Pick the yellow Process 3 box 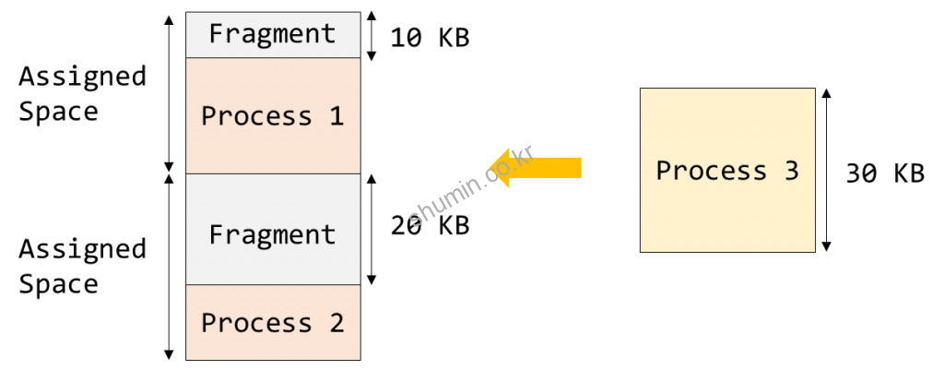[727, 212]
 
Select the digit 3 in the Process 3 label [790, 171]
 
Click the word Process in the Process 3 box [711, 171]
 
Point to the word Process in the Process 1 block [256, 116]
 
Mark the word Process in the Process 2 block [256, 323]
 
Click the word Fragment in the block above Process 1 [272, 34]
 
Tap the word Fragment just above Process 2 [272, 234]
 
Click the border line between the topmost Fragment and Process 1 [273, 58]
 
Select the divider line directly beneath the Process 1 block [273, 173]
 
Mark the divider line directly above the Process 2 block [273, 285]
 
